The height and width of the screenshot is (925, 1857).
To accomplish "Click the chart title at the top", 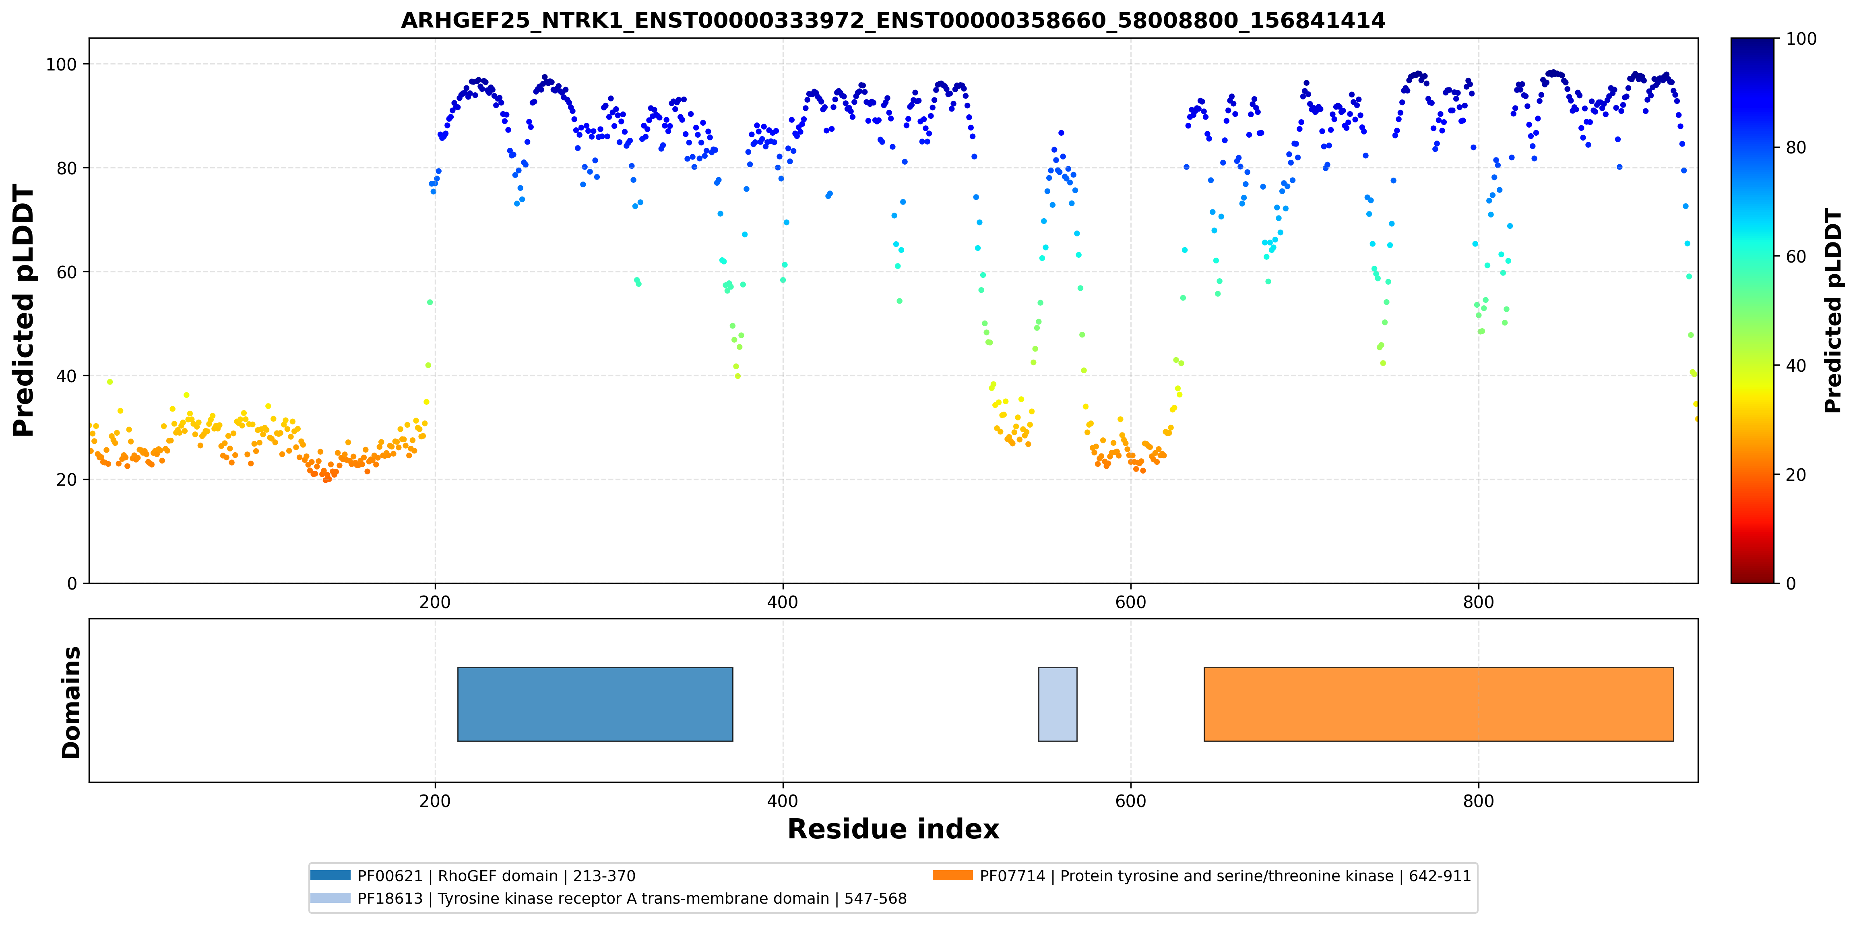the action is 893,20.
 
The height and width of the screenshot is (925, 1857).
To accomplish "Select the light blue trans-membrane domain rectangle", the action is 1058,704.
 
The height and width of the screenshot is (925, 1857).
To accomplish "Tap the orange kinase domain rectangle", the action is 1438,704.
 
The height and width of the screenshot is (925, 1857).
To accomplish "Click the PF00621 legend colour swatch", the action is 330,875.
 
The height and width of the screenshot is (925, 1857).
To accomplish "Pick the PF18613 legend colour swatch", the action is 330,898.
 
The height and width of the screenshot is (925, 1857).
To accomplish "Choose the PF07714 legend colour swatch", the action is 952,875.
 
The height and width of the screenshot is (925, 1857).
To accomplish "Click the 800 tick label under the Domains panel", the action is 1479,801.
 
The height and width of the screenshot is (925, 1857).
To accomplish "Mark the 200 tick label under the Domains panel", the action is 435,801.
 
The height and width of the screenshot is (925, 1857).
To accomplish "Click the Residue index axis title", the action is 893,829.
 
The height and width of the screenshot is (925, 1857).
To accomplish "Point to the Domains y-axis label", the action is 71,702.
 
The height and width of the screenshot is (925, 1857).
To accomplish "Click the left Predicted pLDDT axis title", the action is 24,311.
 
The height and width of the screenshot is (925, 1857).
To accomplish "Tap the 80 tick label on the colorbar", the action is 1796,147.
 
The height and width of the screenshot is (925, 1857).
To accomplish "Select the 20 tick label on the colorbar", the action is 1796,474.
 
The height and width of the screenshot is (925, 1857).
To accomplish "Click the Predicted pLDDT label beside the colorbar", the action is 1832,311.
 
